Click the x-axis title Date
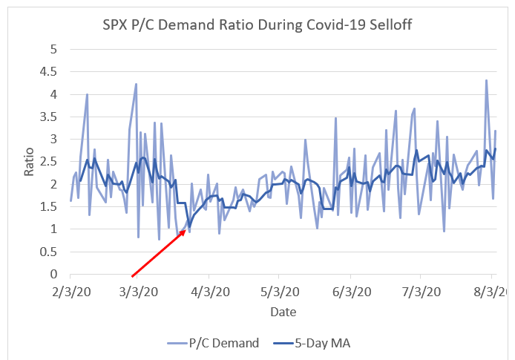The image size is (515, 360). (283, 311)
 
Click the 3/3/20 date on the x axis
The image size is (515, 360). (136, 292)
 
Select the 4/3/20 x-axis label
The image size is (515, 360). (208, 292)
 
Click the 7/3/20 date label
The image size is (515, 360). (420, 292)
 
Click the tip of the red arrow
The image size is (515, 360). (187, 230)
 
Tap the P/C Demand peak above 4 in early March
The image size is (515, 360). (136, 84)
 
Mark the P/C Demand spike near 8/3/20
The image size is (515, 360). (486, 80)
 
